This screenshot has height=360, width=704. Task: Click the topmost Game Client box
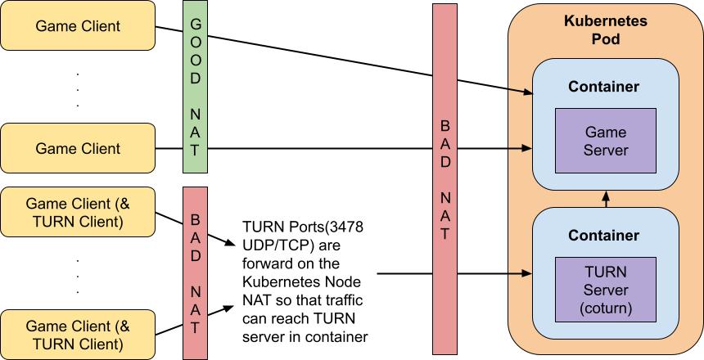(78, 26)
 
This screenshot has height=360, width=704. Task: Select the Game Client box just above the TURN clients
(78, 149)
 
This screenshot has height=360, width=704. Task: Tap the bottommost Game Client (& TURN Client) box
(78, 333)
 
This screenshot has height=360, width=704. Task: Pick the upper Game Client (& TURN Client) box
(78, 211)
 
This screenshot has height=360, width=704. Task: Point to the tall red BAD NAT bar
(445, 181)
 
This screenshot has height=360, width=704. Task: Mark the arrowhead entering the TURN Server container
(528, 275)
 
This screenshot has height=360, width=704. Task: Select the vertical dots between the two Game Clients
(78, 88)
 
